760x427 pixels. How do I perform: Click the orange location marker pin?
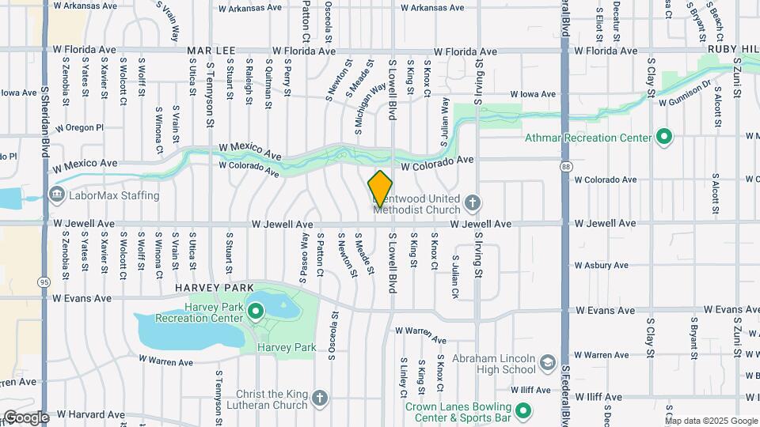point(381,188)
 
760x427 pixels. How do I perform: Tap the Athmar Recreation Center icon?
point(664,137)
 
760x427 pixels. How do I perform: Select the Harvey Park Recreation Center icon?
point(256,310)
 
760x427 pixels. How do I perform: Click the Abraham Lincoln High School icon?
point(546,362)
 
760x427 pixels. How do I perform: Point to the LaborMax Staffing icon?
point(56,195)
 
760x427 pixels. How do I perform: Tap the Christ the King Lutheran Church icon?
point(319,398)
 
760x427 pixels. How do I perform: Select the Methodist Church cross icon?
point(472,202)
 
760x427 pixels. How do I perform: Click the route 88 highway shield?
point(565,166)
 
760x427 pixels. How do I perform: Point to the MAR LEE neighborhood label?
point(211,51)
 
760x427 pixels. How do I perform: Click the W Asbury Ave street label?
point(601,265)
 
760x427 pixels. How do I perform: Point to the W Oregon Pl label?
point(80,127)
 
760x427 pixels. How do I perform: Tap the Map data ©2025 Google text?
point(711,421)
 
